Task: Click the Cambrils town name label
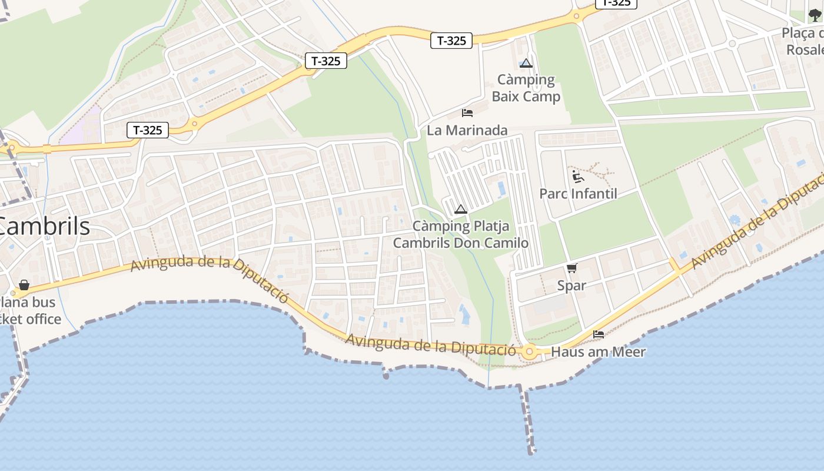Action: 44,227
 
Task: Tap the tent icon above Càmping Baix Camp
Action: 526,63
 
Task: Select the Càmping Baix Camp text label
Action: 526,88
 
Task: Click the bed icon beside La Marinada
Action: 467,112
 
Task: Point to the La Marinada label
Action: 467,130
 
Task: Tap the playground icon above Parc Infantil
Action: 577,177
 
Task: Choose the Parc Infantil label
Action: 578,194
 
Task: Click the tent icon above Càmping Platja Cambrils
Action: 461,209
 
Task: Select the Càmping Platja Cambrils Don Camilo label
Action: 460,234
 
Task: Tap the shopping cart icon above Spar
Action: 572,268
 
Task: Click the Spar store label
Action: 572,286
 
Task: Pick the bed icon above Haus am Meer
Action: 599,334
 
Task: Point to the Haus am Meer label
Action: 598,352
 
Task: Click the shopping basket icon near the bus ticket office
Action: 24,286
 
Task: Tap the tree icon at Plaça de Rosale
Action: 815,15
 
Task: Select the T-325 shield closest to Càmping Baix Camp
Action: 451,41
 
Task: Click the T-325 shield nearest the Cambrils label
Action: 148,130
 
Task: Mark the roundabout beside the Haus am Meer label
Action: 529,352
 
